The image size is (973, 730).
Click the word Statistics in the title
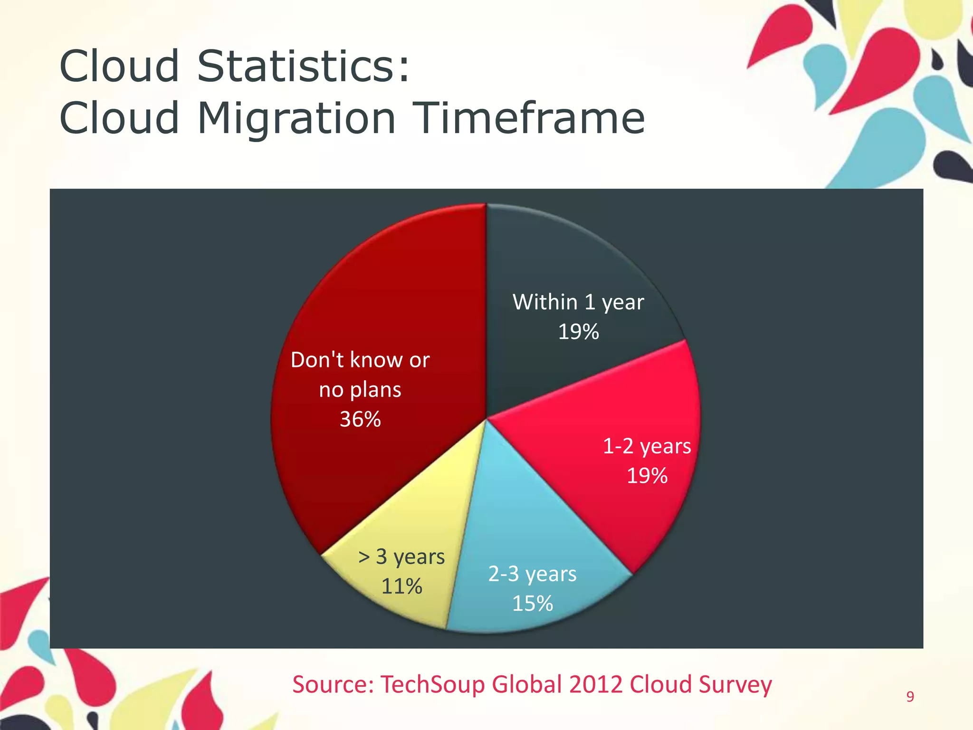click(x=302, y=66)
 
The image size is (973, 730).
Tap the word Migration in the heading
click(x=296, y=118)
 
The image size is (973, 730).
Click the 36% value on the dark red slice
click(x=360, y=419)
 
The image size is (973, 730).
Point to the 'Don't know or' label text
click(x=360, y=360)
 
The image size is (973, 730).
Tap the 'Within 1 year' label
click(x=578, y=302)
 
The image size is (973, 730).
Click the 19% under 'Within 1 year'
click(x=578, y=332)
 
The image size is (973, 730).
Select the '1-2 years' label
click(x=647, y=446)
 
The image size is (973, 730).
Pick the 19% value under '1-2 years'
click(x=647, y=476)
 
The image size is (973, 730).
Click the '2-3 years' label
click(x=532, y=574)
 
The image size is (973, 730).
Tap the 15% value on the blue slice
click(x=532, y=604)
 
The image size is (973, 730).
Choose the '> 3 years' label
click(x=401, y=557)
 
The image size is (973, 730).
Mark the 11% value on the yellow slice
click(x=401, y=586)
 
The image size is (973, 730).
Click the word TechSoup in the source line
click(x=433, y=685)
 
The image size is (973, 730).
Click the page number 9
click(x=910, y=696)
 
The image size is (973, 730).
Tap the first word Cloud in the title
click(x=119, y=66)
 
